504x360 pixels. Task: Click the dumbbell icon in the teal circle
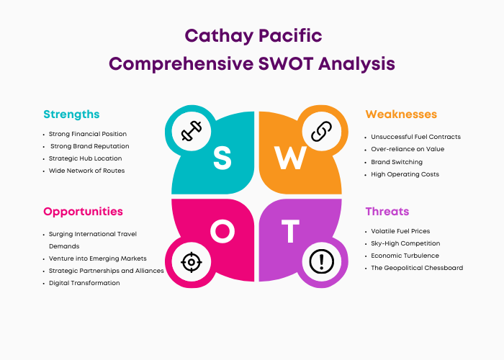pyautogui.click(x=192, y=131)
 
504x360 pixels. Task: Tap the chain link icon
pyautogui.click(x=321, y=131)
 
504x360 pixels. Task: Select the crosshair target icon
pyautogui.click(x=192, y=262)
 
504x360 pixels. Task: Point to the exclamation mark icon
pyautogui.click(x=321, y=261)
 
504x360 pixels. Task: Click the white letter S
pyautogui.click(x=222, y=158)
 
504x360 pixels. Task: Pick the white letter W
pyautogui.click(x=290, y=158)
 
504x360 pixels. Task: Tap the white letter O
pyautogui.click(x=222, y=231)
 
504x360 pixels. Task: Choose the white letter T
pyautogui.click(x=290, y=231)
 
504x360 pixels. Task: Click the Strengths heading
pyautogui.click(x=71, y=114)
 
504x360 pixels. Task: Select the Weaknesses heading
pyautogui.click(x=401, y=114)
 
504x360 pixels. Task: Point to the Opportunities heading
pyautogui.click(x=83, y=212)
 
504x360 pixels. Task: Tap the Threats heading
pyautogui.click(x=387, y=212)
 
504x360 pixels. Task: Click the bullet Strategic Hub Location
pyautogui.click(x=85, y=158)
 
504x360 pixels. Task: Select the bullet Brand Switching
pyautogui.click(x=397, y=162)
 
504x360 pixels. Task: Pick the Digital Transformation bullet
pyautogui.click(x=84, y=283)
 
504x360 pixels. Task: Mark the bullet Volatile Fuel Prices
pyautogui.click(x=400, y=231)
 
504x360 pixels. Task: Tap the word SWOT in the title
pyautogui.click(x=286, y=63)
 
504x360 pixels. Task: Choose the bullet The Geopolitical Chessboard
pyautogui.click(x=417, y=268)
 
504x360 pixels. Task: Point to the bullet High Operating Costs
pyautogui.click(x=405, y=174)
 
